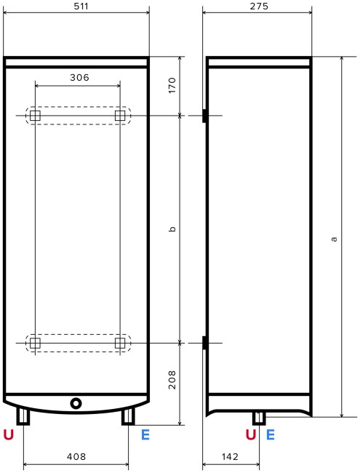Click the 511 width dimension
pos(76,7)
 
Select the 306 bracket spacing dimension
pos(79,77)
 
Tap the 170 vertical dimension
pos(172,85)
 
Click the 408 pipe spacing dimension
pos(76,457)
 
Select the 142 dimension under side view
pos(230,457)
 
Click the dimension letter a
pos(334,237)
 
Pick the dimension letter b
pos(172,229)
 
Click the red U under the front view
pos(9,435)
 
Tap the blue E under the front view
pos(145,435)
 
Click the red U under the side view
pos(251,435)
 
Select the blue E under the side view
pos(271,435)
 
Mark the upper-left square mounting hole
pos(35,116)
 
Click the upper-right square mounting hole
pos(120,116)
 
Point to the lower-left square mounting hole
pos(35,342)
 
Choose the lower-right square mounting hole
pos(120,342)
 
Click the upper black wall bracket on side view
pos(204,116)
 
